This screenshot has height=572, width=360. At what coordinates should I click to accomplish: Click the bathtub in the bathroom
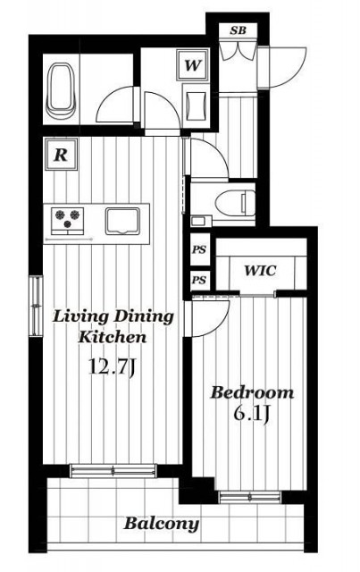coord(61,90)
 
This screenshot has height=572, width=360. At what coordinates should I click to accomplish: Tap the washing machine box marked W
coord(193,65)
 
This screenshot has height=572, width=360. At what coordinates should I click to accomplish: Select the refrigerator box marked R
coord(61,155)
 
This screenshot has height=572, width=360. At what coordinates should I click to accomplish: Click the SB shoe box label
coord(238,30)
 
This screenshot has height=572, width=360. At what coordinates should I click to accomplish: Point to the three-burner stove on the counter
coord(68,221)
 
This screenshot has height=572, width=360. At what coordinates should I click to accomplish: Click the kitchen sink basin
coord(122,221)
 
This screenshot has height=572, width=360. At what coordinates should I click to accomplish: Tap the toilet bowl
coord(234,203)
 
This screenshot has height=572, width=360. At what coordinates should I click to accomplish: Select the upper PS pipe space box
coord(200,249)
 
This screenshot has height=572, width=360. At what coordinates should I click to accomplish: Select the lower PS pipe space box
coord(200,280)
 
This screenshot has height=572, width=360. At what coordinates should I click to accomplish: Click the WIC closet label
coord(261,271)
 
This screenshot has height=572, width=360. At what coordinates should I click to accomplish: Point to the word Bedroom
coord(253,393)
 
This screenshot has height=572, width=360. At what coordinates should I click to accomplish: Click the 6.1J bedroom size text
coord(251,414)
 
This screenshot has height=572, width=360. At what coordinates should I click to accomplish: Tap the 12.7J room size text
coord(112,367)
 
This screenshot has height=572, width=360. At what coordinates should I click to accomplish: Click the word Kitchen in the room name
coord(113,337)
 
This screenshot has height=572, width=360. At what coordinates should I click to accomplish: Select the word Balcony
coord(162,525)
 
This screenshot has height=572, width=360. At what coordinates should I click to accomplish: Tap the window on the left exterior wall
coord(36,306)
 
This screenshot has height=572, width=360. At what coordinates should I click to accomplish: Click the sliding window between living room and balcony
coord(113,471)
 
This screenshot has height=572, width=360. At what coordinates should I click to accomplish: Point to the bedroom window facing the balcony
coord(250,497)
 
